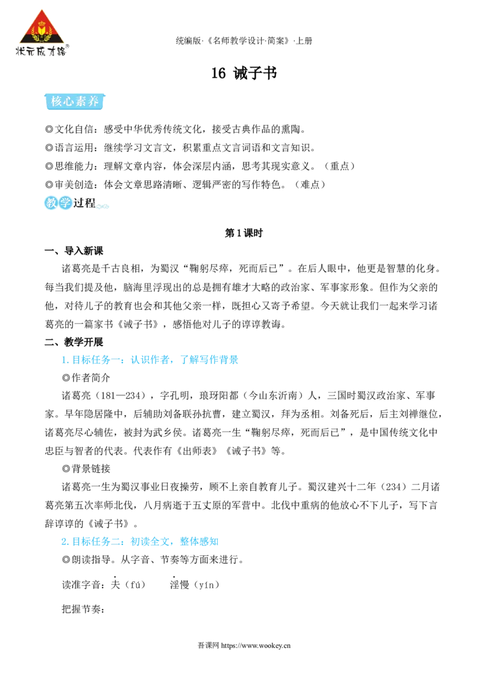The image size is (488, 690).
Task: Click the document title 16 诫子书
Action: tap(244, 73)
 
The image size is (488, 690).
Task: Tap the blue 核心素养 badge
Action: tap(75, 101)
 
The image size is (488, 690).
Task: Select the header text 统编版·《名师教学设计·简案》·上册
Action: tap(244, 41)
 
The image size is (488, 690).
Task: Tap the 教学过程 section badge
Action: tap(71, 202)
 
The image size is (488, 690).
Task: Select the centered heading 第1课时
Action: tap(243, 233)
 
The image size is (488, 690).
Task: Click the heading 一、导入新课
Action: tap(74, 251)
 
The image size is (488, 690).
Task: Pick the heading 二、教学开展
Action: tap(74, 342)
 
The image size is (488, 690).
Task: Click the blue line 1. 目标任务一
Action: tap(149, 360)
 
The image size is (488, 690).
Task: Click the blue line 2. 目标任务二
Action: tap(140, 542)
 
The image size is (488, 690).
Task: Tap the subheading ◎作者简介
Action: tap(86, 378)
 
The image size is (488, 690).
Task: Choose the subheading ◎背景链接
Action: tap(86, 469)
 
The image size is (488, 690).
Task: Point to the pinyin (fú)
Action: tap(135, 585)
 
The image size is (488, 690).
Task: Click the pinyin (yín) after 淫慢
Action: tap(207, 585)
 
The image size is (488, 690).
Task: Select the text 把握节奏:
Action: tap(84, 610)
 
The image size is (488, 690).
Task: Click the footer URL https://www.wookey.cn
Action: tap(256, 646)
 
